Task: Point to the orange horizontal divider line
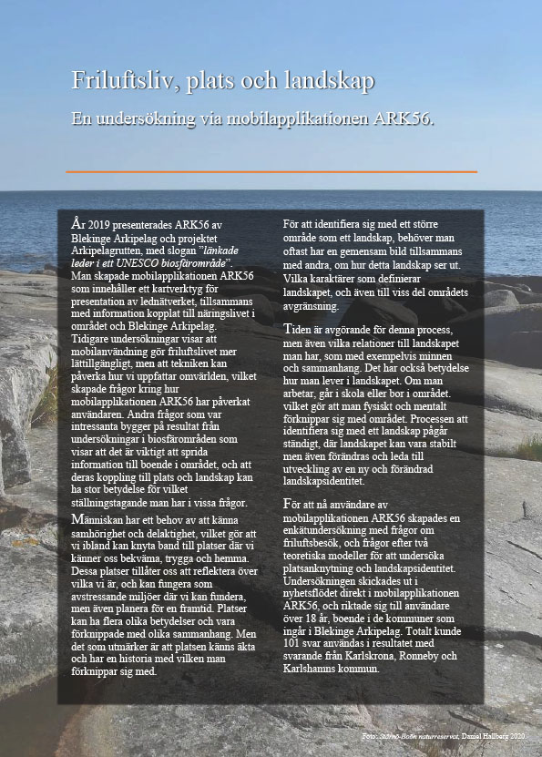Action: (x=271, y=171)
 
